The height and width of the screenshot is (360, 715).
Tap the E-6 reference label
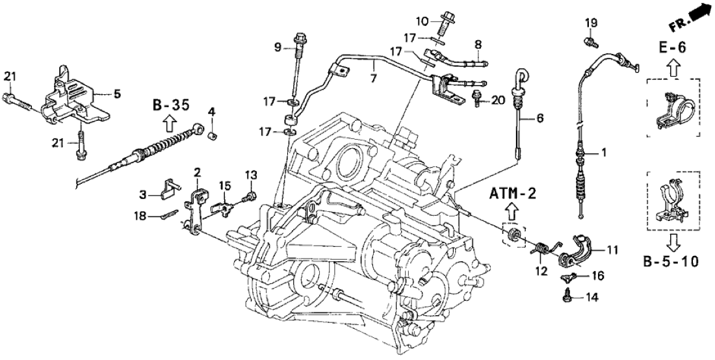(x=672, y=48)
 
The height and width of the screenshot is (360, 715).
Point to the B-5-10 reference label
(x=672, y=263)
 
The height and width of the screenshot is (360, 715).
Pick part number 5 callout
(x=117, y=94)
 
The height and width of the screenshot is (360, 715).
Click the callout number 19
(x=590, y=23)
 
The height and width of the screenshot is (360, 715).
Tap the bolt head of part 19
(x=590, y=42)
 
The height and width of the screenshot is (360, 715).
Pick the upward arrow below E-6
(x=672, y=66)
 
